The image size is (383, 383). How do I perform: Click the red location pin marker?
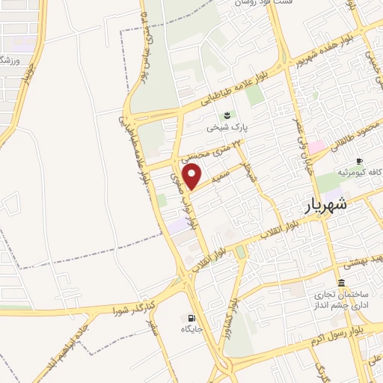tap(193, 176)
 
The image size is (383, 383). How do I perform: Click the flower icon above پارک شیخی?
tap(225, 114)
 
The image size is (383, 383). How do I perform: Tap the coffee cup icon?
tap(360, 161)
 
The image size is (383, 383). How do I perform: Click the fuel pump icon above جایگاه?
tap(191, 317)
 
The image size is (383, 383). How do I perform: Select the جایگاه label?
tap(191, 329)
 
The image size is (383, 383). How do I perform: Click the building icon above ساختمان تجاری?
tap(341, 283)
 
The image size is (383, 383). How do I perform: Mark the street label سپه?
tap(217, 180)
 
